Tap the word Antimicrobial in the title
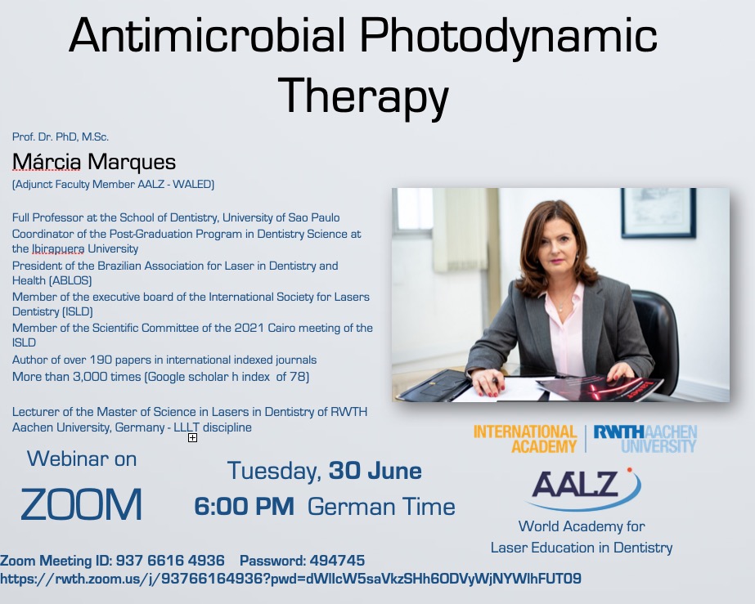(207, 36)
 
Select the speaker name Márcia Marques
(94, 162)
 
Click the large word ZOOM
(81, 504)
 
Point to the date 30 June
(375, 471)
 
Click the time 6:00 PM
(244, 506)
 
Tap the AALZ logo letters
(574, 484)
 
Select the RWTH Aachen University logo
(645, 438)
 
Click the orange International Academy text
(525, 438)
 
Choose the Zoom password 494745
(337, 561)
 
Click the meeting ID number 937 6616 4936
(170, 561)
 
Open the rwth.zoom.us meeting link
(290, 579)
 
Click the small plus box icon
(192, 437)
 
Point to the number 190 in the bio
(99, 360)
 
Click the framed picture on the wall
(658, 213)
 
